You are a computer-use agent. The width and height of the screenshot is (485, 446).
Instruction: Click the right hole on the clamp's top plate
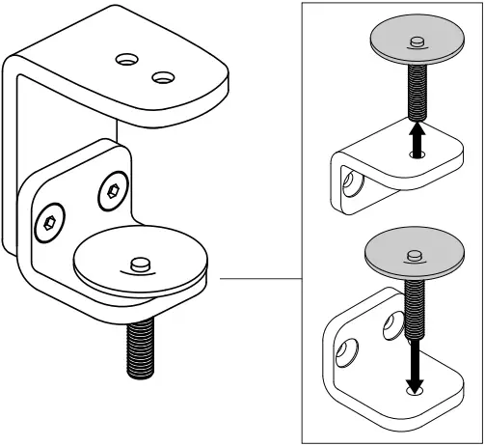tap(162, 75)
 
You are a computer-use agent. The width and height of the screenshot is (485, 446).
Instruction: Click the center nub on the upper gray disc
tap(416, 40)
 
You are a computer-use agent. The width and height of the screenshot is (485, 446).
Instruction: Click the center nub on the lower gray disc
tap(416, 255)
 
